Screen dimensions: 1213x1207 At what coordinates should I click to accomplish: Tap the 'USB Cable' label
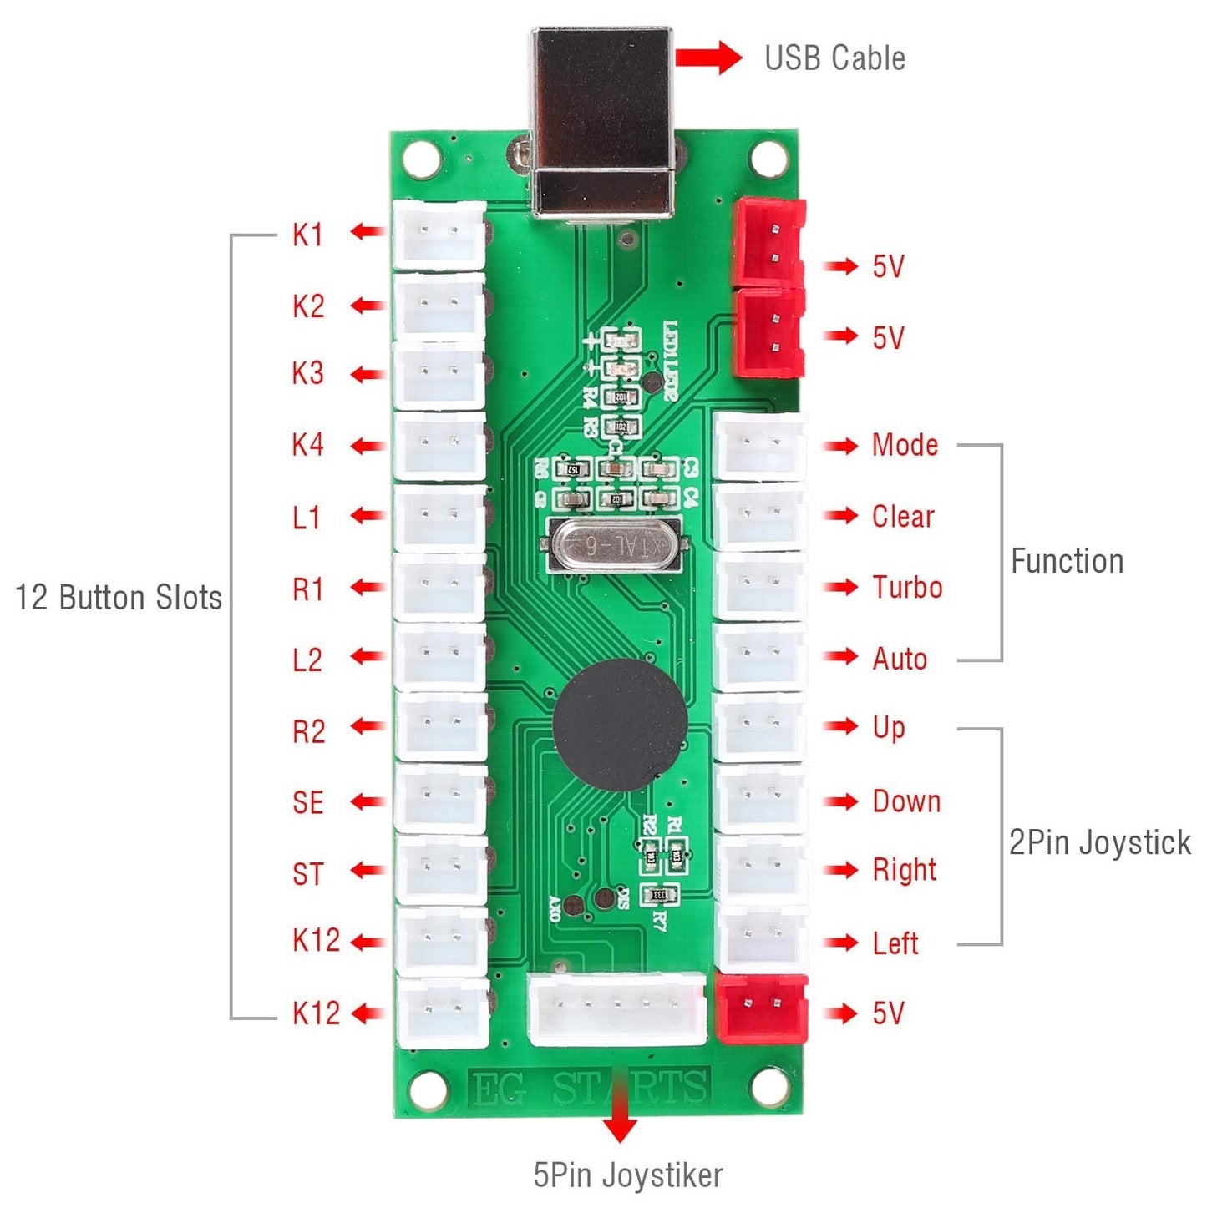point(834,58)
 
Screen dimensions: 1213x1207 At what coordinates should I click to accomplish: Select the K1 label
point(307,235)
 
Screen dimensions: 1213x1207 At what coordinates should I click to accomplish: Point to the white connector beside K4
point(439,445)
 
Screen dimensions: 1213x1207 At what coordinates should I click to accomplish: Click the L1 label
point(307,518)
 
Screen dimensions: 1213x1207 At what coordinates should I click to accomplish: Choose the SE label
point(307,803)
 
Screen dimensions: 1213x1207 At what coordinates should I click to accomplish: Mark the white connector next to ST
point(441,869)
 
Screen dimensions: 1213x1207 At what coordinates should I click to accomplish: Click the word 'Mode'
point(905,445)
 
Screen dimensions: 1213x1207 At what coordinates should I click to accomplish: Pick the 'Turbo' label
point(907,588)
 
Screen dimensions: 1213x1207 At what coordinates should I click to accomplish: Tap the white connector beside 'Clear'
point(760,517)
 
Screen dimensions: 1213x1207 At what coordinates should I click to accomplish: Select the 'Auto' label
point(900,660)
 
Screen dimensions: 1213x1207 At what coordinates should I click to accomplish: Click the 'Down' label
point(906,801)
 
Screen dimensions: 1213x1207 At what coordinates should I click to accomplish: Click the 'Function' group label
point(1067,561)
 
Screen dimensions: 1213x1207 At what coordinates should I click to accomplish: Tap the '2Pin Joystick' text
point(1099,842)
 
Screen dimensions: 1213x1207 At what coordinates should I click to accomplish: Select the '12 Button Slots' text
point(119,598)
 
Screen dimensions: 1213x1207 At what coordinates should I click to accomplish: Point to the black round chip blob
point(620,725)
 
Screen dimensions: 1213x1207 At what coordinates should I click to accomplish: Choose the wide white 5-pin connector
point(616,1008)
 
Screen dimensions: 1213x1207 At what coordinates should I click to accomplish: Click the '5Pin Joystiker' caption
point(627,1175)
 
